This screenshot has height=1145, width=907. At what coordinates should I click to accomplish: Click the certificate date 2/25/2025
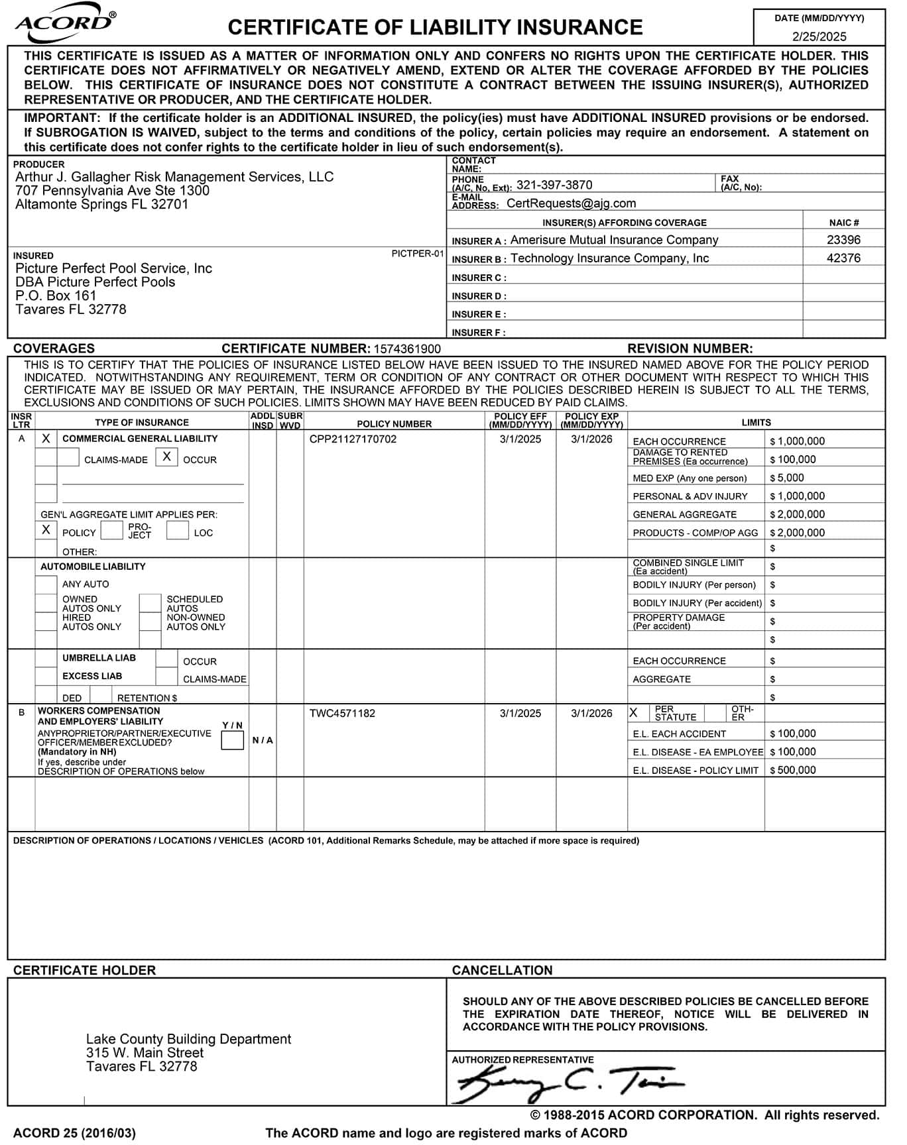819,36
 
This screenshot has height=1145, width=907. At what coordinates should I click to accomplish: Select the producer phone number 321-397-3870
554,185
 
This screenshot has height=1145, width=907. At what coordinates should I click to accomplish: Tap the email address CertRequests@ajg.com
571,203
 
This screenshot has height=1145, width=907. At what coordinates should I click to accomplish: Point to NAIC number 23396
843,240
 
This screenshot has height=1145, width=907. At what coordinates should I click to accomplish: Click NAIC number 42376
843,258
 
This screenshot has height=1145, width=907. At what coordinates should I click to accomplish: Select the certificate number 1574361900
407,349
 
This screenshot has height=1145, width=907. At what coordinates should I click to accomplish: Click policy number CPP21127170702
353,439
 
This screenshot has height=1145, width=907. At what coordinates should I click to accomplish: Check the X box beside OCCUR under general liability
166,457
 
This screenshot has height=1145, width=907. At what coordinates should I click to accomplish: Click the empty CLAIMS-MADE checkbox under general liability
68,457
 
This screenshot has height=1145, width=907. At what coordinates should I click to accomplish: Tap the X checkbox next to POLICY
46,529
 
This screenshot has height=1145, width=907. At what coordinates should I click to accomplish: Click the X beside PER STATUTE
634,713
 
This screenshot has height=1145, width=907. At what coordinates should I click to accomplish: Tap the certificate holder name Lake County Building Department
188,1039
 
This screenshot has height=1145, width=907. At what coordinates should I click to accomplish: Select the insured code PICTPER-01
417,253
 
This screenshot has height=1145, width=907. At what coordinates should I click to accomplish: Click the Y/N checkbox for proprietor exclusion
232,740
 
